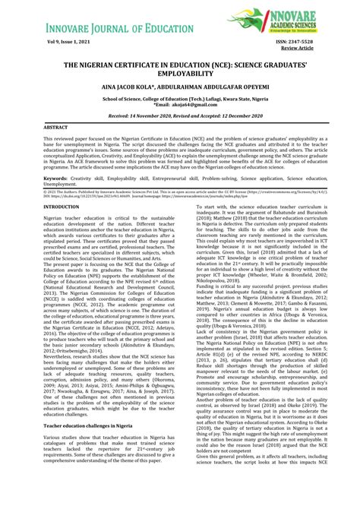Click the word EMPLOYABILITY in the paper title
(x=180, y=75)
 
